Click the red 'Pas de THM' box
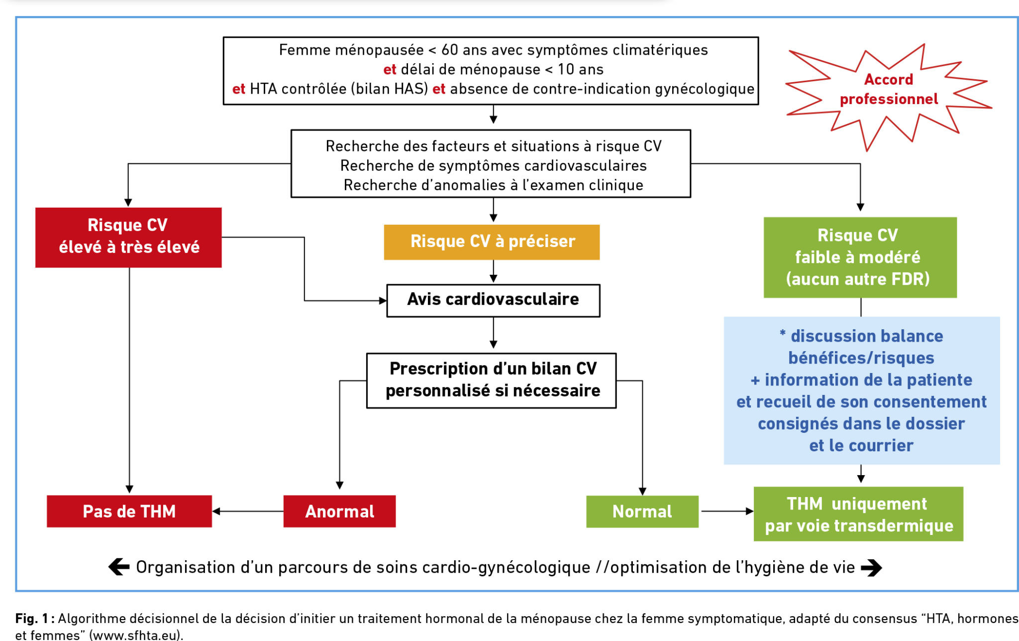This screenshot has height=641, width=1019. (129, 511)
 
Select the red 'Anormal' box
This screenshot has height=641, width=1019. (339, 511)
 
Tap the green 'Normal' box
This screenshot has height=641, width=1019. (642, 512)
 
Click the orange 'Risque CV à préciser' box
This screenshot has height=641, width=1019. (492, 242)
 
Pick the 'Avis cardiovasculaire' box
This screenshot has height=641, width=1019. (493, 300)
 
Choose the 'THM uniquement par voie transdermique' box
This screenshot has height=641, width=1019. (858, 514)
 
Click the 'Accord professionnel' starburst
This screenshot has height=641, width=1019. (889, 90)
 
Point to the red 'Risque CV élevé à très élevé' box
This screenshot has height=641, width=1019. (128, 237)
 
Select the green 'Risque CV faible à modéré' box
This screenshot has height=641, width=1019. (860, 257)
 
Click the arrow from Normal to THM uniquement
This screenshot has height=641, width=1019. (726, 512)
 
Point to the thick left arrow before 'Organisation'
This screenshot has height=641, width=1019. (119, 567)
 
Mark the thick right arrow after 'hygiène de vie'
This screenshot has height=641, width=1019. (871, 567)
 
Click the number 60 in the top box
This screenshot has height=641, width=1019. (449, 50)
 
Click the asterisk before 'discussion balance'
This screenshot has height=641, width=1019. (783, 334)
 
